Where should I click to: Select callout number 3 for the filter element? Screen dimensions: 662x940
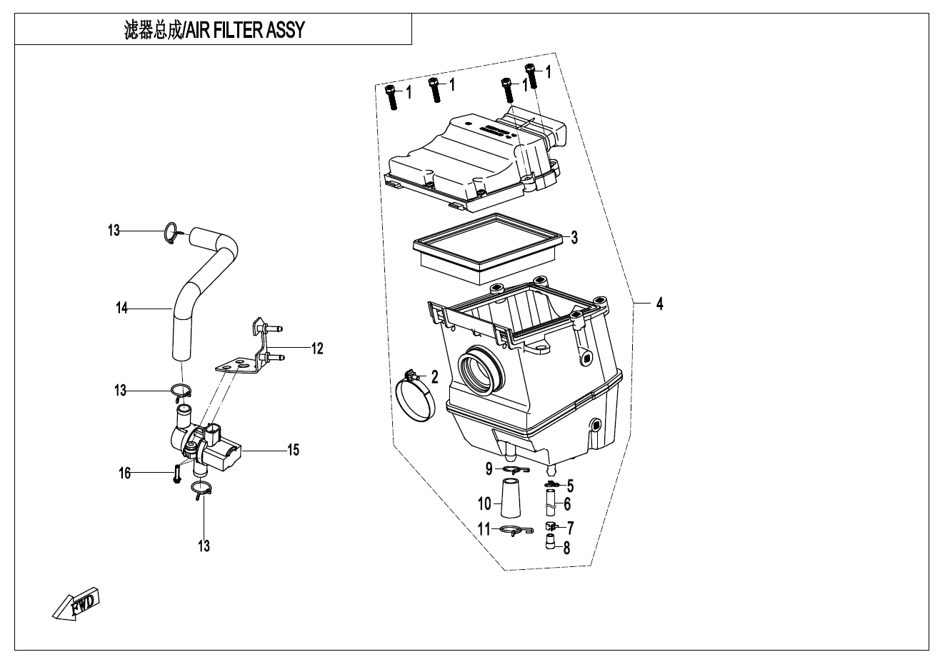(574, 238)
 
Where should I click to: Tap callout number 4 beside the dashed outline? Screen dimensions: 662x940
(659, 304)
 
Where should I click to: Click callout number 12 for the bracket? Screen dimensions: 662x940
(317, 348)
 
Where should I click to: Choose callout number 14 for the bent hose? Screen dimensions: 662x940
(122, 309)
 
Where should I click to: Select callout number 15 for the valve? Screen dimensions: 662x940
(293, 450)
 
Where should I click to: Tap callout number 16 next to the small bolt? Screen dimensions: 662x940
(125, 473)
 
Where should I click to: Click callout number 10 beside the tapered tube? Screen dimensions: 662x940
(485, 503)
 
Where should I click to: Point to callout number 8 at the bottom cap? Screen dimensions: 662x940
(567, 548)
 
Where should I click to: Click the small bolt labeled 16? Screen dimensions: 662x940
(176, 473)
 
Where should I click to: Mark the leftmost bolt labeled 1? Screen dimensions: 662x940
(390, 96)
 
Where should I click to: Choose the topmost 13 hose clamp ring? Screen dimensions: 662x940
(171, 232)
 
